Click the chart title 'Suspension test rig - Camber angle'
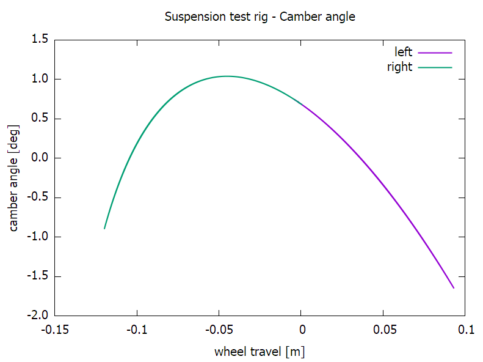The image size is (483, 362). (260, 17)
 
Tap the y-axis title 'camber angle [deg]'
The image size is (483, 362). (14, 178)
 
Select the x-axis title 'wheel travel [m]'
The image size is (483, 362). (260, 352)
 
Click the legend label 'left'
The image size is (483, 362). (404, 53)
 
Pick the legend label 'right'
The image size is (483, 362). (400, 67)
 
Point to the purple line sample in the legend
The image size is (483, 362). (435, 53)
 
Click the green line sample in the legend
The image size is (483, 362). (435, 67)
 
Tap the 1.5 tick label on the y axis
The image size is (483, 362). (40, 40)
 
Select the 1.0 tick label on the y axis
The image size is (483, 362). (40, 79)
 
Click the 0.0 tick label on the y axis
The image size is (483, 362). (40, 158)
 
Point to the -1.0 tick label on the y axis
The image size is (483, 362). (38, 237)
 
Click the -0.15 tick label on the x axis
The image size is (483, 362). (55, 330)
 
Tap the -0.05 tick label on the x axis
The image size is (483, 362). (219, 330)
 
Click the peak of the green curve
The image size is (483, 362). (227, 76)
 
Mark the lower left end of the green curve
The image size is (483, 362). (104, 229)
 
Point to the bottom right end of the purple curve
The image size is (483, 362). (454, 288)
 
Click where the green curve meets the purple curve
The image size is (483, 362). (302, 104)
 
